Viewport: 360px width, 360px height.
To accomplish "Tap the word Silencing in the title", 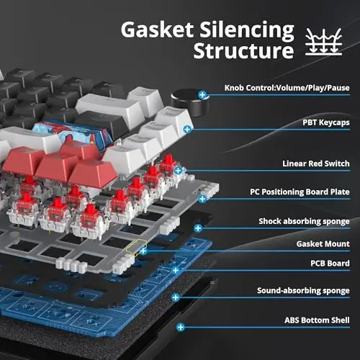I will [x=248, y=30].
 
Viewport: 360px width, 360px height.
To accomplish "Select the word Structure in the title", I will [x=243, y=53].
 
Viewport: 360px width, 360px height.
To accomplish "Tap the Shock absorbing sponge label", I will [x=305, y=221].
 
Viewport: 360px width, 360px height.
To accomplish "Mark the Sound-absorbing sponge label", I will [x=303, y=291].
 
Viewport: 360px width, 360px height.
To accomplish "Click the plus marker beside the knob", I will [x=204, y=94].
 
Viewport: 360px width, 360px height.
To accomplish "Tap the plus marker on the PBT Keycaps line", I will [x=187, y=129].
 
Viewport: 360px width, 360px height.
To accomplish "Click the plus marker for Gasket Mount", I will [x=143, y=251].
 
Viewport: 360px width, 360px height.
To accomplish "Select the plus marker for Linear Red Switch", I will [x=177, y=171].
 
